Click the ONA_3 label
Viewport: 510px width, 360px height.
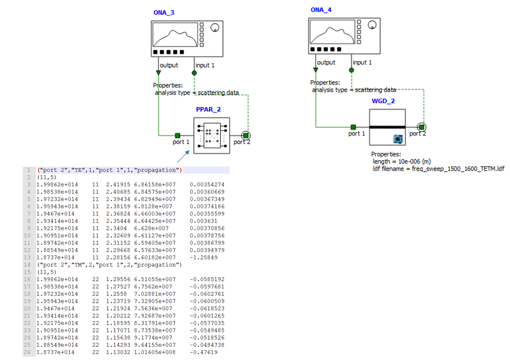pyautogui.click(x=164, y=12)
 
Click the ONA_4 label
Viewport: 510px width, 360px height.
pyautogui.click(x=321, y=10)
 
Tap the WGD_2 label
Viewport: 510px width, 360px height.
pyautogui.click(x=383, y=101)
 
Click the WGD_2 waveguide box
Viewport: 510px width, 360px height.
pyautogui.click(x=387, y=127)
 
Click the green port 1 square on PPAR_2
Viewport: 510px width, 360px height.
pyautogui.click(x=178, y=135)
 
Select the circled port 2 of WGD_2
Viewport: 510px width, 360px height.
pyautogui.click(x=422, y=127)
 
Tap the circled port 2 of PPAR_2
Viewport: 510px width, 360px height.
pyautogui.click(x=245, y=135)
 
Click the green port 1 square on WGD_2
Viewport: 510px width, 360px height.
pyautogui.click(x=353, y=127)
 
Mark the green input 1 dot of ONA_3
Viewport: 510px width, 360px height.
pyautogui.click(x=194, y=72)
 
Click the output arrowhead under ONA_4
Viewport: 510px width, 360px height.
pyautogui.click(x=316, y=71)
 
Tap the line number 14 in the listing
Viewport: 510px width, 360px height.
pyautogui.click(x=29, y=265)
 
